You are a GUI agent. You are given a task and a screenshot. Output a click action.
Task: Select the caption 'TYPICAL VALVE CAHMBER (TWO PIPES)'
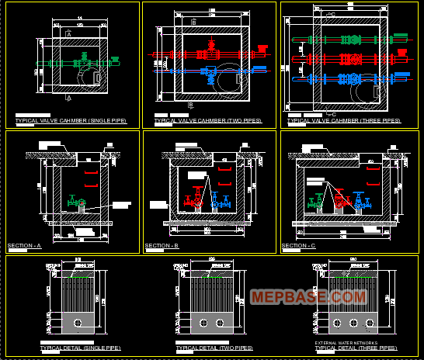tap(208, 121)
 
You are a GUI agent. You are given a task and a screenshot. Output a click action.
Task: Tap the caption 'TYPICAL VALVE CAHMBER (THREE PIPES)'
tap(344, 121)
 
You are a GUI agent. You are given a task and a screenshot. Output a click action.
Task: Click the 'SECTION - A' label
tap(25, 246)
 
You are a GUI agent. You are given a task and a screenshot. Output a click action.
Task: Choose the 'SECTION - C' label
tap(299, 246)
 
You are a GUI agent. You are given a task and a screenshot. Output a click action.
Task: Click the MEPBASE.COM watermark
tap(308, 296)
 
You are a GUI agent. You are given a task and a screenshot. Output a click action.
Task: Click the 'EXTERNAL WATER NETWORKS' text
tap(347, 342)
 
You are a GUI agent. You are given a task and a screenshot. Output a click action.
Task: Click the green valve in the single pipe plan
tap(81, 57)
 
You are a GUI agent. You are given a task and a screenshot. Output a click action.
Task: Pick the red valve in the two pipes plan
tap(210, 54)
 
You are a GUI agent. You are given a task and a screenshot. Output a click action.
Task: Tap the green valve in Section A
tap(72, 201)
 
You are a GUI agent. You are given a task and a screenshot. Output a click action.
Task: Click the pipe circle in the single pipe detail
tap(77, 322)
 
